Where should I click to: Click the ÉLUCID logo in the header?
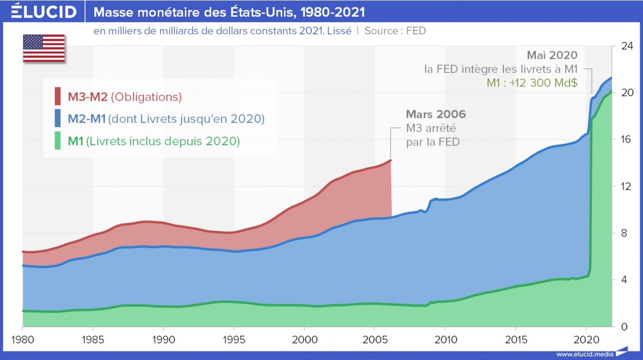coord(43,12)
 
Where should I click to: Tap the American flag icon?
coord(44,48)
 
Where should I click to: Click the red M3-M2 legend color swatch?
coord(57,96)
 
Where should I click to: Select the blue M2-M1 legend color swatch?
coord(57,118)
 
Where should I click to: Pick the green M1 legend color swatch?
coord(57,141)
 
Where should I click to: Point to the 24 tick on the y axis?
coord(627,46)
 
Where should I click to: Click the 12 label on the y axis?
coord(627,186)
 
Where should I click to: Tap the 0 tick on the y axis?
coord(624,327)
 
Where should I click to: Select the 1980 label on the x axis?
coord(22,340)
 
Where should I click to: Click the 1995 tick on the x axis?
coord(234,340)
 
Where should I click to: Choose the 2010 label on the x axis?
coord(445,340)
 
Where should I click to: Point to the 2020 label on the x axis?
coord(586,340)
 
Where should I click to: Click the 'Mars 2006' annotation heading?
coord(436,114)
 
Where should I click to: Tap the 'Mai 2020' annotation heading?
coord(552,55)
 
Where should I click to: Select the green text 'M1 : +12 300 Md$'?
coord(532,83)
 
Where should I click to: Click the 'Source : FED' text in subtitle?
coord(395,31)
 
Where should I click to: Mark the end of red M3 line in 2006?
coord(391,160)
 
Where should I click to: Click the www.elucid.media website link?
coord(584,354)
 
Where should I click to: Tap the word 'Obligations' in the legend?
coord(146,97)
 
